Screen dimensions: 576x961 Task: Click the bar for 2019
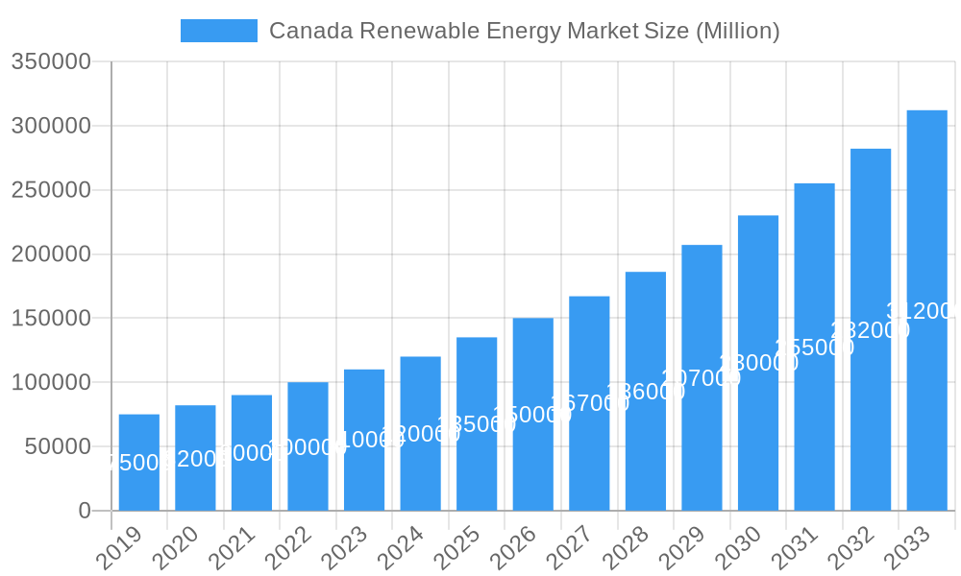pos(139,462)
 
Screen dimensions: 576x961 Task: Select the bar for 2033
pos(926,310)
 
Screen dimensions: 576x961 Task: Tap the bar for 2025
pos(477,423)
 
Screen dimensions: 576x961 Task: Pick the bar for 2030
pos(758,363)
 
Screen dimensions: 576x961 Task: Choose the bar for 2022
pos(308,446)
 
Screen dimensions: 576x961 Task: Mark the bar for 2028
pos(646,391)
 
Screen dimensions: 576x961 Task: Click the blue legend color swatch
pos(219,31)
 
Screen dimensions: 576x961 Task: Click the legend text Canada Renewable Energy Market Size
pos(524,31)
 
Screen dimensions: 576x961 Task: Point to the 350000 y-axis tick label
pos(51,62)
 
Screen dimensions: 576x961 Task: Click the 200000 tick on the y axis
pos(51,254)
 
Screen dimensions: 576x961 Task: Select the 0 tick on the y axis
pos(85,511)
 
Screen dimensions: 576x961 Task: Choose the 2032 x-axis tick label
pos(851,548)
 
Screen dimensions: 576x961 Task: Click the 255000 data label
pos(814,348)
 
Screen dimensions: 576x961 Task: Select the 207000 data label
pos(702,378)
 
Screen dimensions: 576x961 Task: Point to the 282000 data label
pos(870,330)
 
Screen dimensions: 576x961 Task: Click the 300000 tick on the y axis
pos(51,127)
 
